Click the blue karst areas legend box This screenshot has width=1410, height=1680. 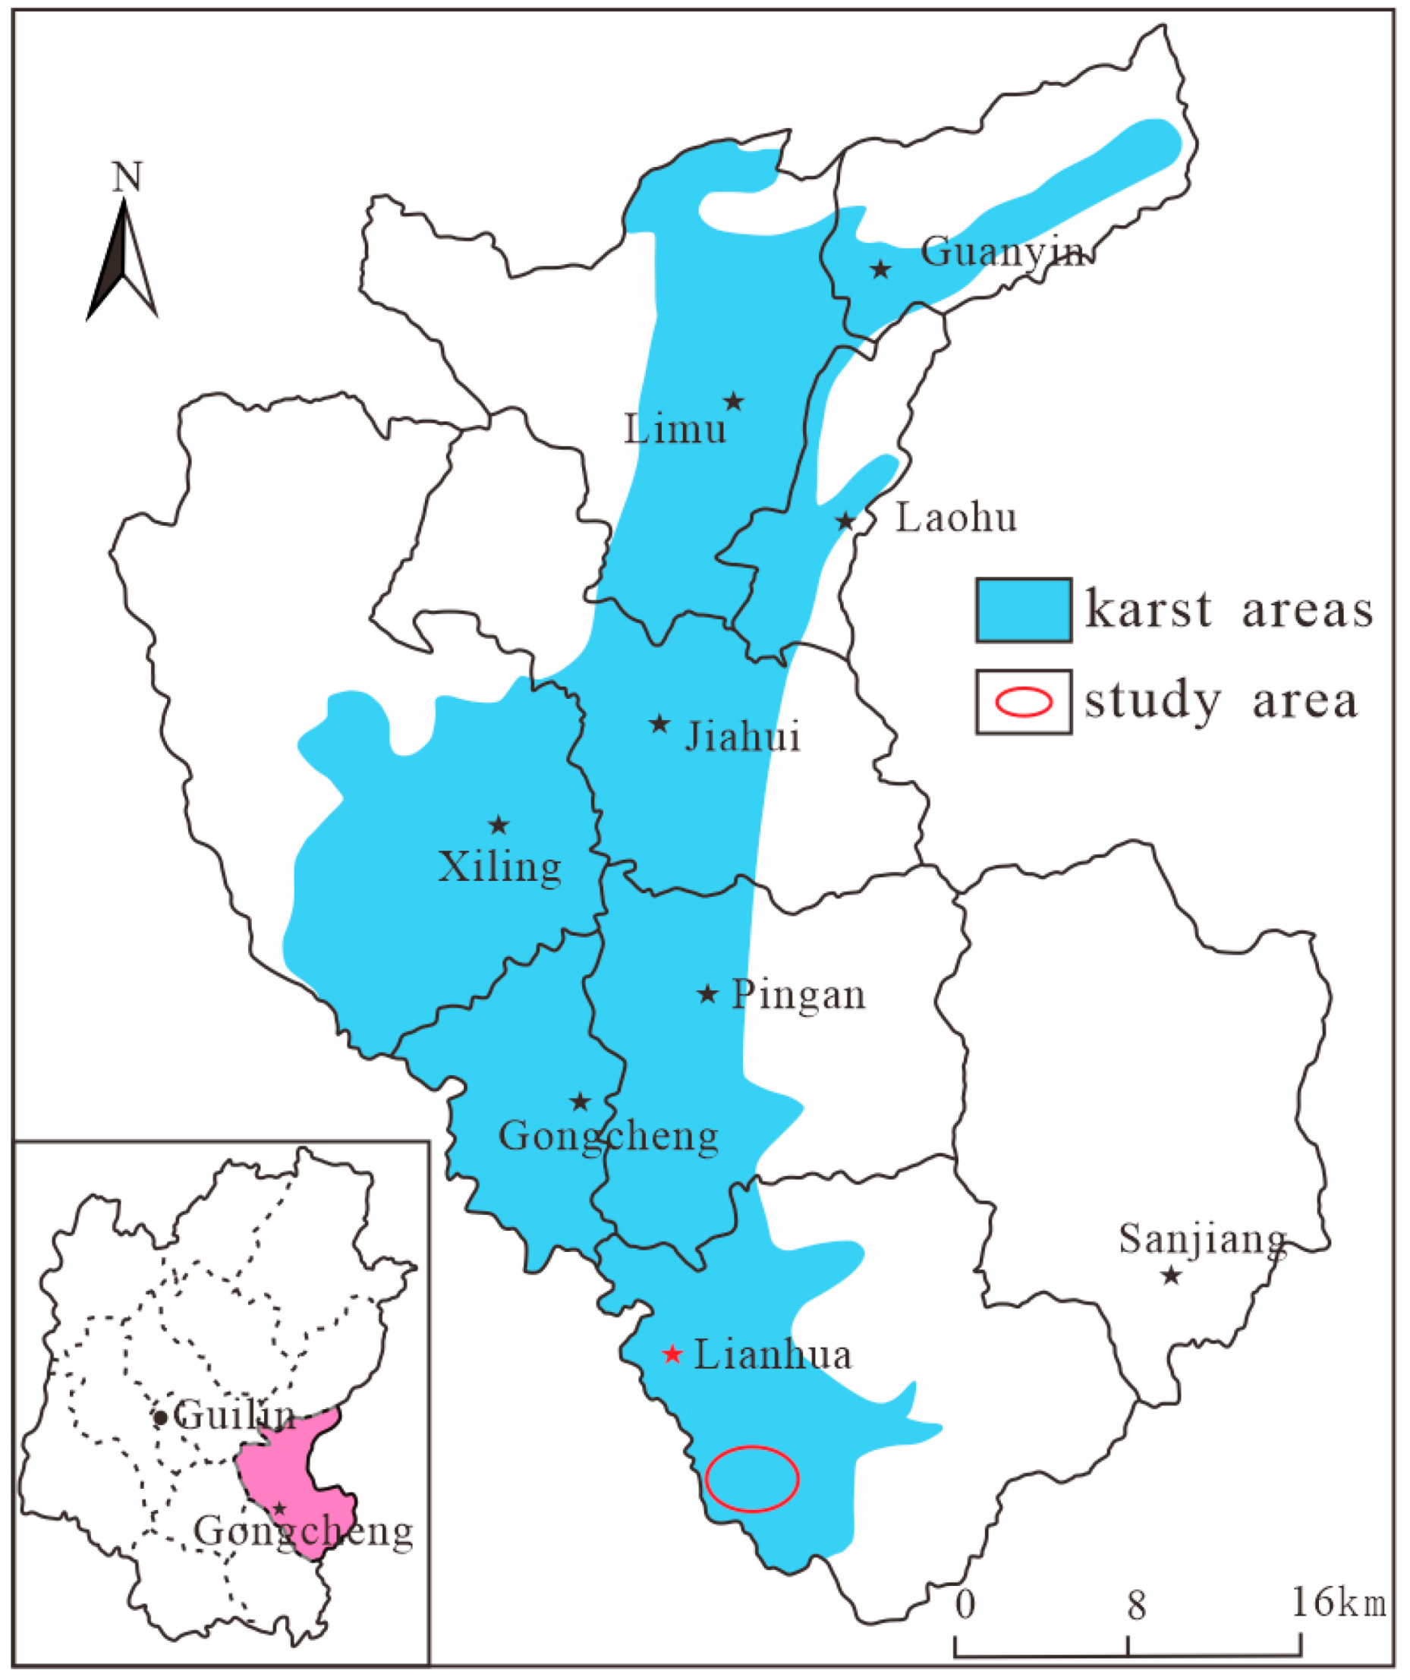1024,609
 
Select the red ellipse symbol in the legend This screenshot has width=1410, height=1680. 1024,701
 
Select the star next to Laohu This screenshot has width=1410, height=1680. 845,521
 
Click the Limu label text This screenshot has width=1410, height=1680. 675,430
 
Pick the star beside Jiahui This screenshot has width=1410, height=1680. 659,724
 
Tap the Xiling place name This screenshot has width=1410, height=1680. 500,867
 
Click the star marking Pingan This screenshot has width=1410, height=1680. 707,994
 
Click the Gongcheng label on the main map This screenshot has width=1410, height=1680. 608,1136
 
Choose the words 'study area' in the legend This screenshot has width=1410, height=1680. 1221,702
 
